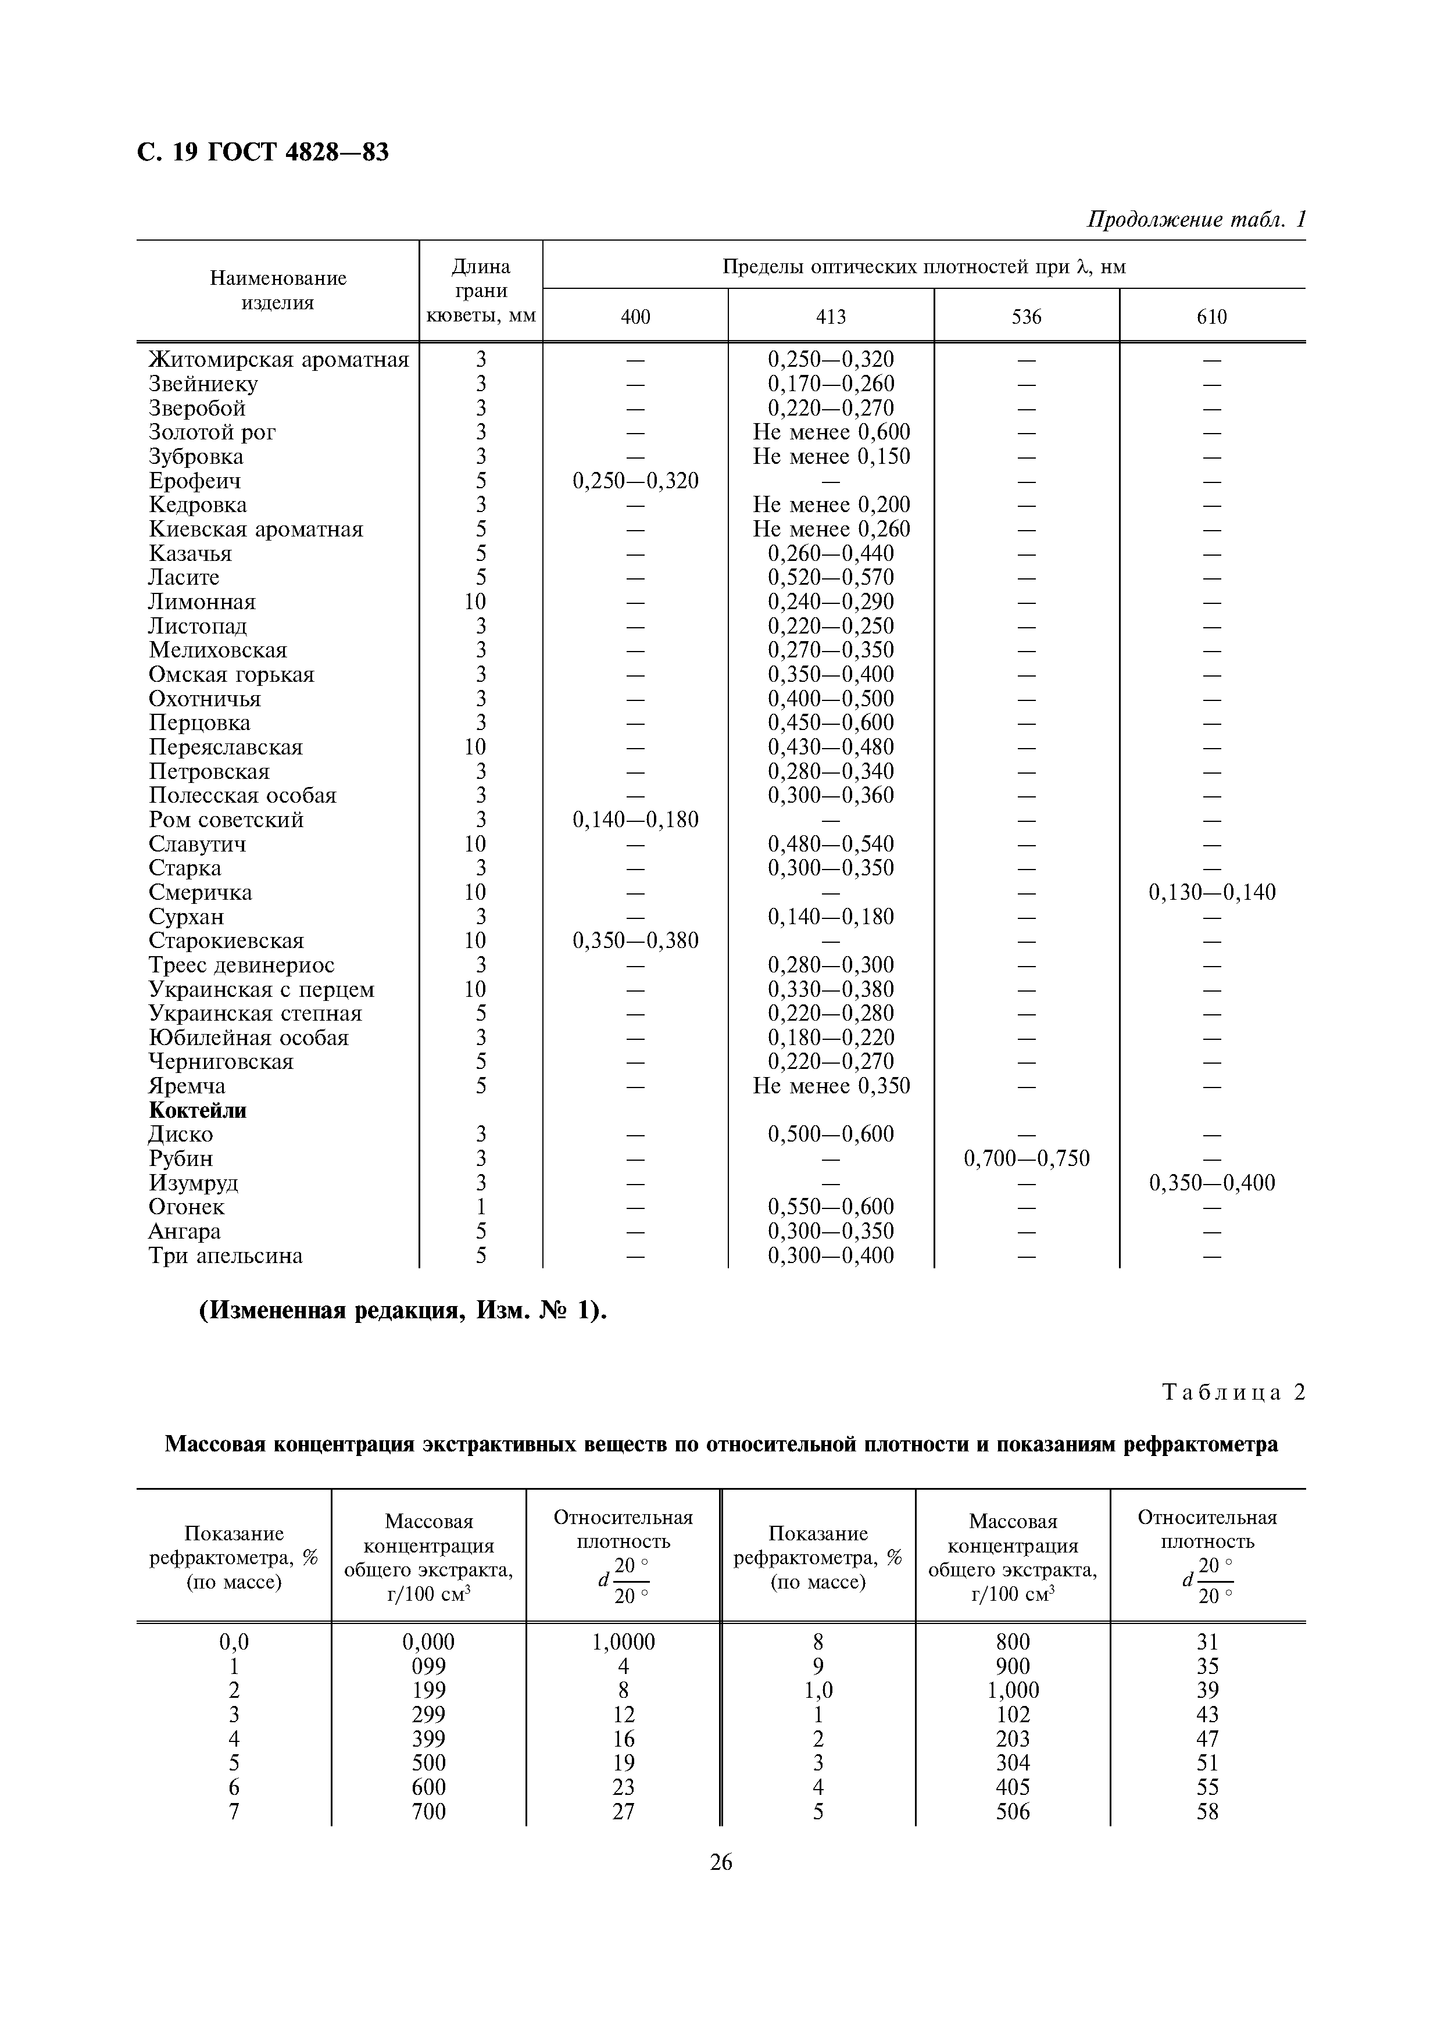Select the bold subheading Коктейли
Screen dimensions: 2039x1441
coord(197,1110)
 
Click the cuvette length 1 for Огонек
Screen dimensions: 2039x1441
coord(480,1207)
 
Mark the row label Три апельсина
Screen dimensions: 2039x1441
coord(226,1255)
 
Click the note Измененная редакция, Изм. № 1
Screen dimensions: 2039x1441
coord(402,1311)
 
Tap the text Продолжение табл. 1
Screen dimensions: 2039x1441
coord(1196,219)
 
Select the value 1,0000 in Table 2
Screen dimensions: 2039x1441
coord(623,1642)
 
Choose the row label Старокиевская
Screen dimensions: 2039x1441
coord(226,940)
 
